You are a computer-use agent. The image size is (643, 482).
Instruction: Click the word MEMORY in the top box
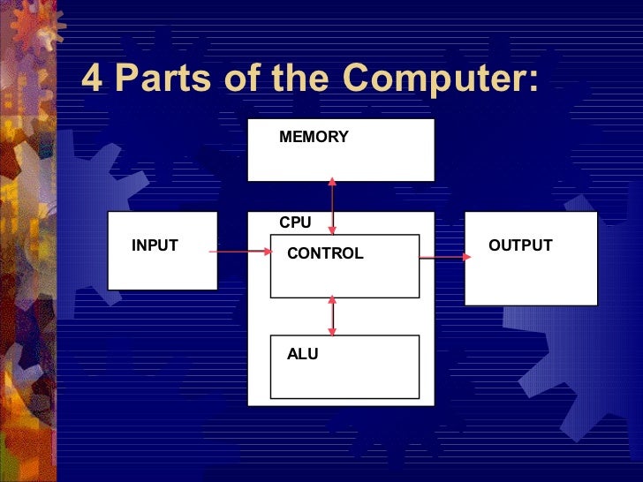coord(314,137)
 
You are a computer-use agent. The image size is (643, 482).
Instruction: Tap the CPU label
coord(295,223)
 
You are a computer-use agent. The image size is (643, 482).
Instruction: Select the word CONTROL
coord(325,253)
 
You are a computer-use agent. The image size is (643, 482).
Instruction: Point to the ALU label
coord(302,354)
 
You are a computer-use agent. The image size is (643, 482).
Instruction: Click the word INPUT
coord(155,245)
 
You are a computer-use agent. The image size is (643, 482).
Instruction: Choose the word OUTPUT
coord(520,245)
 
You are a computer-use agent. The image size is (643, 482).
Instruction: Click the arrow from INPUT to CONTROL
coord(240,252)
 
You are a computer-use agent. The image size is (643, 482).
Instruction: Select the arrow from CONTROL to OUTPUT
coord(444,258)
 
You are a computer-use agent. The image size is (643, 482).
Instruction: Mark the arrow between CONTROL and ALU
coord(332,315)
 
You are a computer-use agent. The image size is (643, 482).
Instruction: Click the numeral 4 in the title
coord(92,80)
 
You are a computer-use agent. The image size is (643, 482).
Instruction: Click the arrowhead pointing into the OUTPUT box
coord(466,258)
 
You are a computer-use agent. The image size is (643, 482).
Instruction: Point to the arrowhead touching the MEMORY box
coord(333,182)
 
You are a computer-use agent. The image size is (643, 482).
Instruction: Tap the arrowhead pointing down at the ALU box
coord(332,332)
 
